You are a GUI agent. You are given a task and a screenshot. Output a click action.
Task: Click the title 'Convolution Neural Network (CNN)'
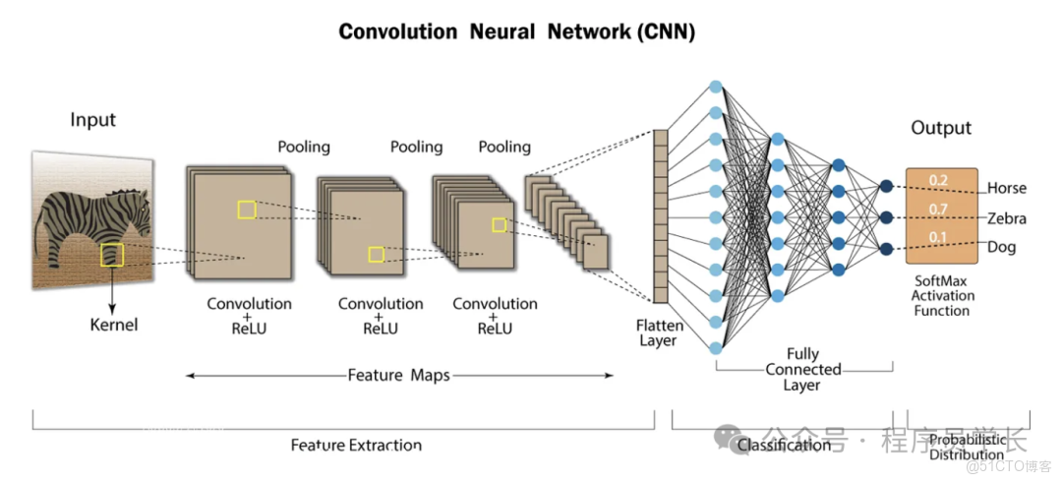[516, 31]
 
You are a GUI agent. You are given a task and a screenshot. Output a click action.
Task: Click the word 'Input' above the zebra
[92, 120]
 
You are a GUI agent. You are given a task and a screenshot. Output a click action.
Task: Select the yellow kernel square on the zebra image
[112, 255]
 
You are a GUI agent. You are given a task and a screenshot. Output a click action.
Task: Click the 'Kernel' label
[114, 325]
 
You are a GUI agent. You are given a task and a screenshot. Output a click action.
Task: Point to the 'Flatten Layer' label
[658, 332]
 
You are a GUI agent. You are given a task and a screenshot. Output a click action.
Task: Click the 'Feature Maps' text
[398, 375]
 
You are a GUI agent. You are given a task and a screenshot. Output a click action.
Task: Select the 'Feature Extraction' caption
[356, 446]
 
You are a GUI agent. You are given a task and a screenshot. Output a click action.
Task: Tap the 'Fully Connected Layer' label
[803, 369]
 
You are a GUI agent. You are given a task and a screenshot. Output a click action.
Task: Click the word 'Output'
[940, 128]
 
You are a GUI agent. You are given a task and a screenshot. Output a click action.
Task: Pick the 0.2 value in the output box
[939, 181]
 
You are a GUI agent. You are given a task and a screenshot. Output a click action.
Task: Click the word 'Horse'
[1006, 188]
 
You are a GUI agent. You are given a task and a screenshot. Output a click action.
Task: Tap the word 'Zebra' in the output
[1007, 218]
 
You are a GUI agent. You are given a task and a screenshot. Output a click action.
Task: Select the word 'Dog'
[1001, 247]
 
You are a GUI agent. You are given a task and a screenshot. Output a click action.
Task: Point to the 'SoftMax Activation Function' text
[941, 295]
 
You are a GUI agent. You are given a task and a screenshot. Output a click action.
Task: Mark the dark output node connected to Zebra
[886, 216]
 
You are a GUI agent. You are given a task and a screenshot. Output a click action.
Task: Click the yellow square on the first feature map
[246, 209]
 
